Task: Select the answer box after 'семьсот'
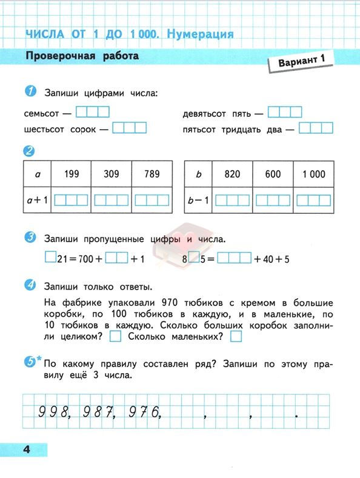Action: pyautogui.click(x=93, y=112)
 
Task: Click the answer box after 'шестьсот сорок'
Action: pyautogui.click(x=130, y=128)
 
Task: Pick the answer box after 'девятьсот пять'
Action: pyautogui.click(x=285, y=112)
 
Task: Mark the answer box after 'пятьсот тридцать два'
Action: pyautogui.click(x=316, y=128)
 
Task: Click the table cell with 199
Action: pyautogui.click(x=71, y=174)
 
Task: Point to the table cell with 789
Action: pyautogui.click(x=152, y=174)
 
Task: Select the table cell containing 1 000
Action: pyautogui.click(x=313, y=174)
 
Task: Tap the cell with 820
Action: pyautogui.click(x=232, y=174)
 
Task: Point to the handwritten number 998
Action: pyautogui.click(x=54, y=413)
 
